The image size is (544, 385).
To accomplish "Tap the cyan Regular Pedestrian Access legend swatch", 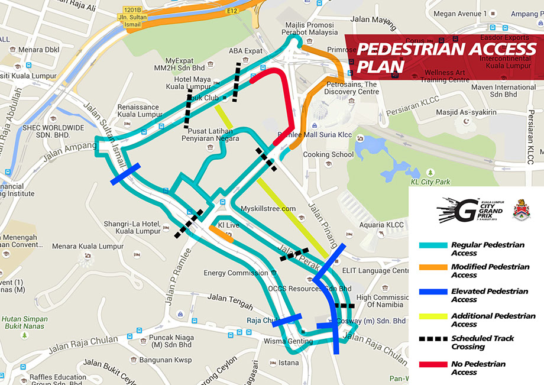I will coord(433,245).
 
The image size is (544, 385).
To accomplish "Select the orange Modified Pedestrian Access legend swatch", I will coord(433,267).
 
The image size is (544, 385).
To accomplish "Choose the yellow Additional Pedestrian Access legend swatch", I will coord(433,316).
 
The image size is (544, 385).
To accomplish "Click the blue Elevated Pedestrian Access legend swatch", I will coord(433,292).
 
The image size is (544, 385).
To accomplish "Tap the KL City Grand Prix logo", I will coord(470,210).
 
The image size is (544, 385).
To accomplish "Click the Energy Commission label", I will coord(235,273).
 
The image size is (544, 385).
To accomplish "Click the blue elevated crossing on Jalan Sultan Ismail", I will coord(125,174).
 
